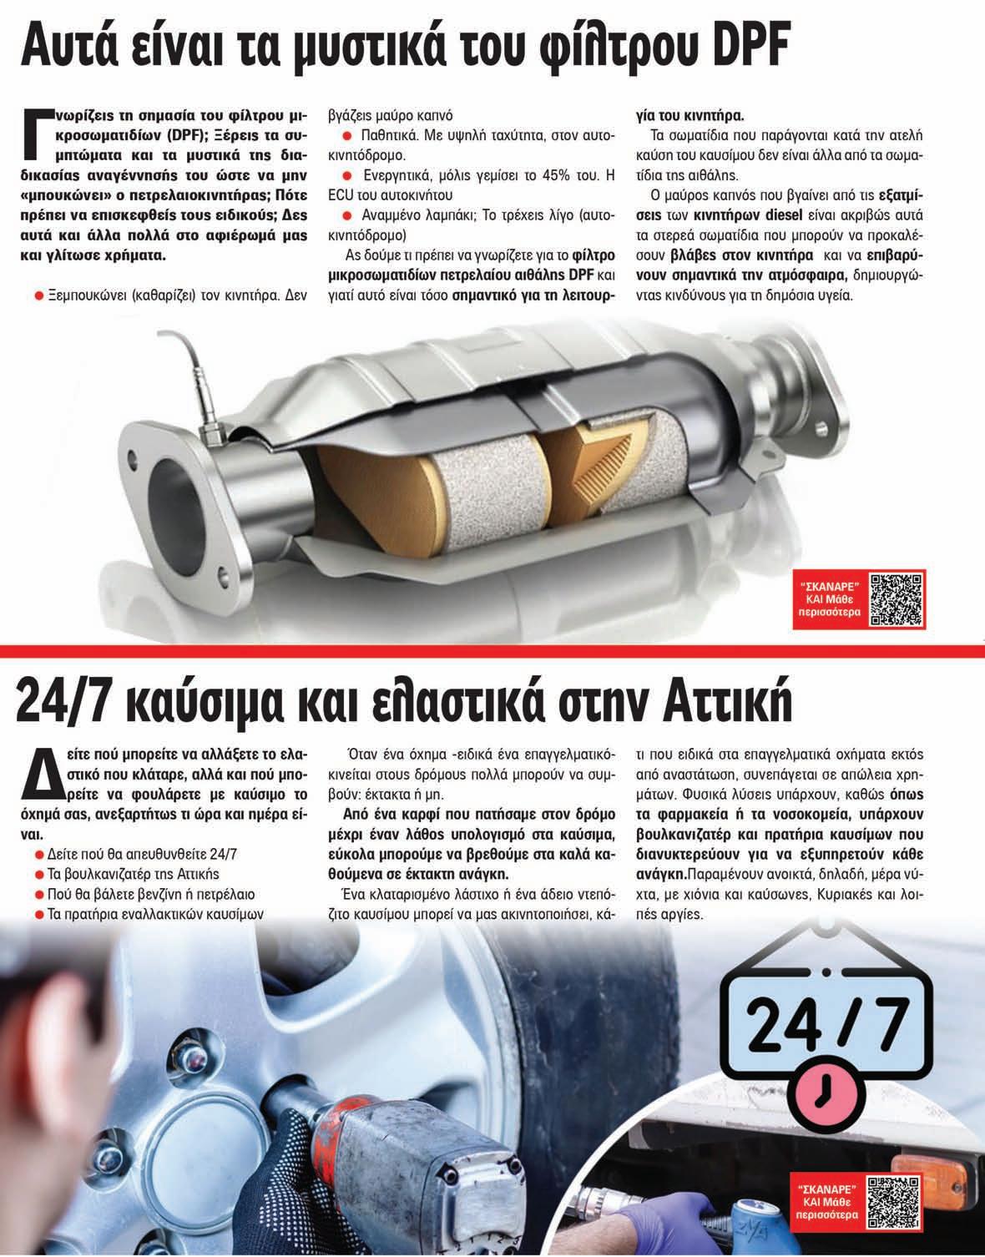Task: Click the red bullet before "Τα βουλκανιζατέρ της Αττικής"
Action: point(39,874)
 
